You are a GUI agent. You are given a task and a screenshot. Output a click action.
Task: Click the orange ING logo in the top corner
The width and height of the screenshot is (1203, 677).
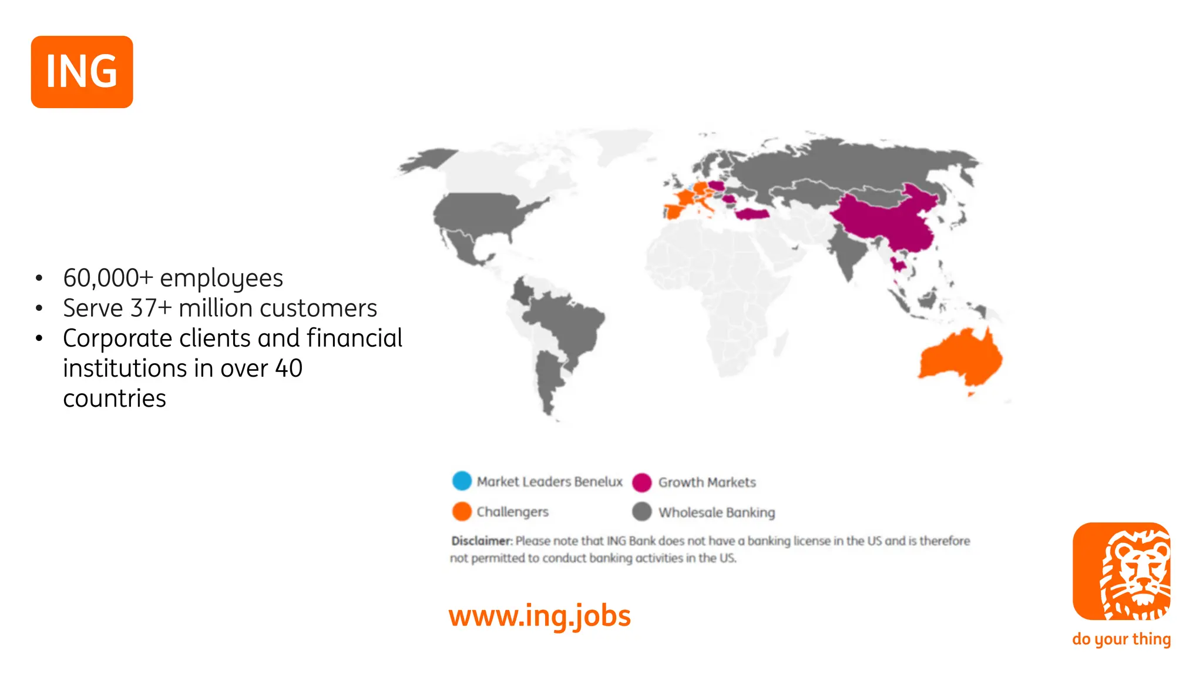point(82,72)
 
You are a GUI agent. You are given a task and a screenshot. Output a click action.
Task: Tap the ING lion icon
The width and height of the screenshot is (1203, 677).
point(1121,571)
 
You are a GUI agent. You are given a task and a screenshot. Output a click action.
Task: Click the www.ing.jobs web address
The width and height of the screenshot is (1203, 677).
point(539,616)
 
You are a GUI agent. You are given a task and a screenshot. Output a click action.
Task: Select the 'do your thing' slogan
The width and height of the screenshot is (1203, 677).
point(1121,639)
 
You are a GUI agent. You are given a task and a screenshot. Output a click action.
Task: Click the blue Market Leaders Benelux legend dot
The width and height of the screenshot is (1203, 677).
point(462,481)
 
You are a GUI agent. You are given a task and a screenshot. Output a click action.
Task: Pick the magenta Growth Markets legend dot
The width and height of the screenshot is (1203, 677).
point(641,482)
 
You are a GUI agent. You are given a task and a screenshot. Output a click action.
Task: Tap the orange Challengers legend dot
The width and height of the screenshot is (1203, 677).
point(462,511)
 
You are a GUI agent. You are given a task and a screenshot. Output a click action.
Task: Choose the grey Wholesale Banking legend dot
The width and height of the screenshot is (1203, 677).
point(641,512)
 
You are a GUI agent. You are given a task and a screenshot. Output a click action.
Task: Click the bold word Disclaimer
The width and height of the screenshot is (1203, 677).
point(481,541)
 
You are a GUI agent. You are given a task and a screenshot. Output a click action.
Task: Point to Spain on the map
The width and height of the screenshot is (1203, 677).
point(676,210)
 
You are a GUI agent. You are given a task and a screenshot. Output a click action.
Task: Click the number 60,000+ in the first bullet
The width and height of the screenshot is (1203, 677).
point(108,278)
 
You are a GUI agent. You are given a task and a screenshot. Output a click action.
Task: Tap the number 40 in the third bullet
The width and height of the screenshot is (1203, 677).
point(288,368)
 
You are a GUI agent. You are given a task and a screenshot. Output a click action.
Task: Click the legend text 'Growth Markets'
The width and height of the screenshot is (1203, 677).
point(707,482)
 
